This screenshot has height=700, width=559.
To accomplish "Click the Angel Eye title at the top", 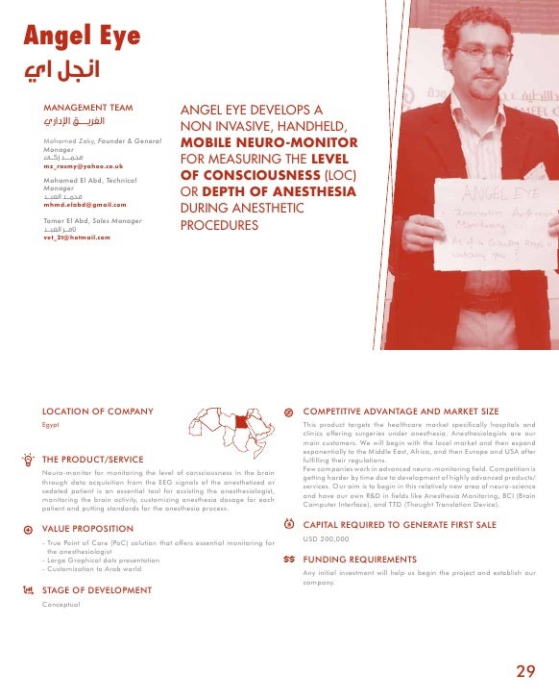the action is point(83,37).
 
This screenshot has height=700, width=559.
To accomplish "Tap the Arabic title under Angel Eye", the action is point(61,71).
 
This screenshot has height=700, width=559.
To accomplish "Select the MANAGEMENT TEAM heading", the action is point(88,108).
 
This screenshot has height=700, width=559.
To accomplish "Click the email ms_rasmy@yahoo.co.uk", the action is point(83,166).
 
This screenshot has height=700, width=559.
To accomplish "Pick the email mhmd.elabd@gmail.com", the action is point(85,205).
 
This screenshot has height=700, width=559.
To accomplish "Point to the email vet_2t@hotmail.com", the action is point(77,237).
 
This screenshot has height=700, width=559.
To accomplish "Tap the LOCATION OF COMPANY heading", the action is point(97,412).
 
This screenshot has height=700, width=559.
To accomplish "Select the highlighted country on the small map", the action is point(241,420).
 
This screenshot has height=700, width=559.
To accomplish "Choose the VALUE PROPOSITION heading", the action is point(88,529).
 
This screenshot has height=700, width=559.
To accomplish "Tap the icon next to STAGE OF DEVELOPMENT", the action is point(28,590).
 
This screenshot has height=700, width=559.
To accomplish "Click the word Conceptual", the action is point(61,604).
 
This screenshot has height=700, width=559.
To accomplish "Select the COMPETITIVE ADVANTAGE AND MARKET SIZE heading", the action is point(401,411).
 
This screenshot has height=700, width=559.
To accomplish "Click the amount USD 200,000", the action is point(327,539).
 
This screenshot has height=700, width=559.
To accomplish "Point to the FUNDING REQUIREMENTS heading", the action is point(359,559).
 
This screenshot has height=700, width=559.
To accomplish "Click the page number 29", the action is point(525,670).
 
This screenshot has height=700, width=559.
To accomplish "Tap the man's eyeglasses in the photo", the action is point(482,53).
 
